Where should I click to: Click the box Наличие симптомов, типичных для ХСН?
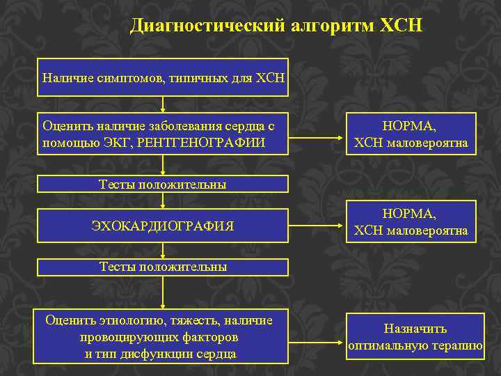coord(163,77)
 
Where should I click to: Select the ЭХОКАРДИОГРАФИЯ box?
coord(163,226)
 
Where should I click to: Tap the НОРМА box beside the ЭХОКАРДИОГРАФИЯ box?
coord(411,221)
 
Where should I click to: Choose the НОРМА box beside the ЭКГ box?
coord(411,134)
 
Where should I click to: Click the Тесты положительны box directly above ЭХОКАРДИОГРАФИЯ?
coord(163,185)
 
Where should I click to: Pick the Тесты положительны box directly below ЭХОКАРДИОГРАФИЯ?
coord(163,267)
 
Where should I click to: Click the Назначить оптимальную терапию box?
coord(415,336)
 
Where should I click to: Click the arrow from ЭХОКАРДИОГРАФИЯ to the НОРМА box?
coord(317,226)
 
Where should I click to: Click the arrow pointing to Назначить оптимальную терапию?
coord(317,336)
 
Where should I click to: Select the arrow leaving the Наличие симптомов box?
coord(163,104)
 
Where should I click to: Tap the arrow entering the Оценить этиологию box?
coord(163,292)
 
